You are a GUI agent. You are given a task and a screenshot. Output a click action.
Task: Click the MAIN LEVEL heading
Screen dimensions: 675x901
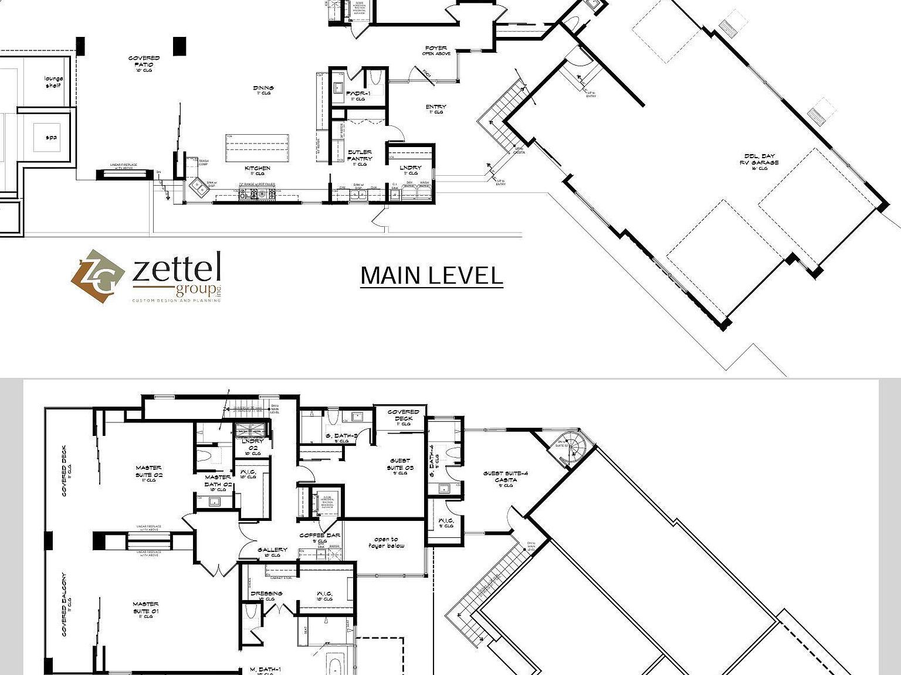click(431, 275)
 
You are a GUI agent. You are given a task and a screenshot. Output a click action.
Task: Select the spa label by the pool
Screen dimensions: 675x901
click(52, 138)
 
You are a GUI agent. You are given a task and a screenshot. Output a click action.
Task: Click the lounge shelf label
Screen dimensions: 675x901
click(53, 82)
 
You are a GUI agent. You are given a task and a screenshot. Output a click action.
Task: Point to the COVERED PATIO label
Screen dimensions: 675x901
click(144, 62)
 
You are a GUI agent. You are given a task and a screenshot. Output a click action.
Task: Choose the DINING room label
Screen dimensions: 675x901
click(263, 90)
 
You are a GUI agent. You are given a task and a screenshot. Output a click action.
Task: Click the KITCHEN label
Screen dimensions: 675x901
click(258, 170)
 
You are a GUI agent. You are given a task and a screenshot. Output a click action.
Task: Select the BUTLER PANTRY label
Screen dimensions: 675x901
click(359, 156)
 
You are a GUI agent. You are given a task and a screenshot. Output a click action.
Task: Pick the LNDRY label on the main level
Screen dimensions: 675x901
click(411, 170)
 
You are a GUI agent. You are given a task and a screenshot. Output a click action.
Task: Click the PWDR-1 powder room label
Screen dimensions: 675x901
click(358, 95)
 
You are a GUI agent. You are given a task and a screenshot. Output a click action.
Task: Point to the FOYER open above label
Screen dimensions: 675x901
click(436, 50)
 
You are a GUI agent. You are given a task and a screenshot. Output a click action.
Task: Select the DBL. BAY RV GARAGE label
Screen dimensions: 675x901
click(759, 162)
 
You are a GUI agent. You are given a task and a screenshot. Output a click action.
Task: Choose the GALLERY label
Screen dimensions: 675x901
click(272, 551)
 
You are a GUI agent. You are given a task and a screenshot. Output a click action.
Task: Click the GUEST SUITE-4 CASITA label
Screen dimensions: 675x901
click(506, 478)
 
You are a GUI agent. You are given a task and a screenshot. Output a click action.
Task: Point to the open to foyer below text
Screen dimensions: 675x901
click(386, 543)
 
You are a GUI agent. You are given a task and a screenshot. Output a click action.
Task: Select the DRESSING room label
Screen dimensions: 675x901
click(266, 595)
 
